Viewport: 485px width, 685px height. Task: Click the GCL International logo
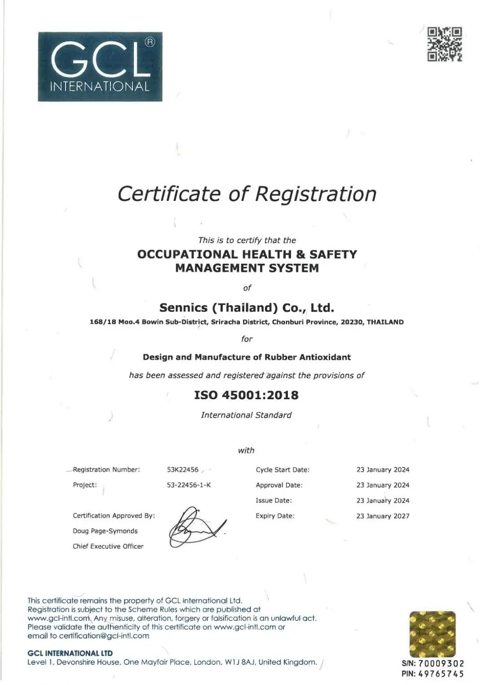click(x=100, y=66)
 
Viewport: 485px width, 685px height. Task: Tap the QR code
click(x=444, y=44)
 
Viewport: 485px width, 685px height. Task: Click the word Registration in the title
click(x=316, y=194)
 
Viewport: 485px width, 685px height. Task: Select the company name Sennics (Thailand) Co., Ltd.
click(x=247, y=308)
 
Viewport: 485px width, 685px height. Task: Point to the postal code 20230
click(x=352, y=322)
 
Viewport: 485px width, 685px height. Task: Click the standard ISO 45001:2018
click(x=246, y=395)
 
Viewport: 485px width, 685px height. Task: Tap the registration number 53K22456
click(x=183, y=470)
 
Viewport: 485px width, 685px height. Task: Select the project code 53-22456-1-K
click(x=189, y=485)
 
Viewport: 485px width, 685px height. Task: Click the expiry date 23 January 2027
click(x=383, y=516)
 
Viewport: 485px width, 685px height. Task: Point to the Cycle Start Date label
click(x=282, y=470)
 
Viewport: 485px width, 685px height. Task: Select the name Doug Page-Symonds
click(x=105, y=531)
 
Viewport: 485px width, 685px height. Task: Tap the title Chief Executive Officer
click(x=108, y=546)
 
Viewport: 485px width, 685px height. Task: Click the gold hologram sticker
click(x=432, y=634)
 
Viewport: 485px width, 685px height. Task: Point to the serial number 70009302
click(x=441, y=663)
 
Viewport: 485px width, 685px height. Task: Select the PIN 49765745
click(x=441, y=674)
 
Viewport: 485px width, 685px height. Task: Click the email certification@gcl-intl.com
click(x=104, y=636)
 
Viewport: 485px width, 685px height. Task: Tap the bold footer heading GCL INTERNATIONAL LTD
click(x=70, y=653)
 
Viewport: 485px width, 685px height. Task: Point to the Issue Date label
click(x=273, y=501)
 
